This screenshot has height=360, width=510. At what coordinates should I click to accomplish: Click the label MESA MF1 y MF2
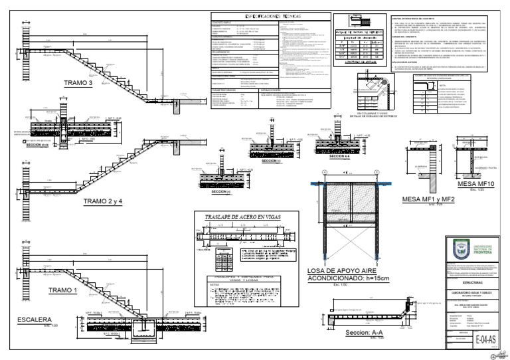428,199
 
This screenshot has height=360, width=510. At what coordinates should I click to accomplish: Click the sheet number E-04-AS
486,339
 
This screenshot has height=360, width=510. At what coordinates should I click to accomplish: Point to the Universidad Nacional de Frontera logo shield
459,250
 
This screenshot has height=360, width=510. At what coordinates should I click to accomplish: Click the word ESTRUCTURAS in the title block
474,282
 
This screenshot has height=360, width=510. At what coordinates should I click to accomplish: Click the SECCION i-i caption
270,161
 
